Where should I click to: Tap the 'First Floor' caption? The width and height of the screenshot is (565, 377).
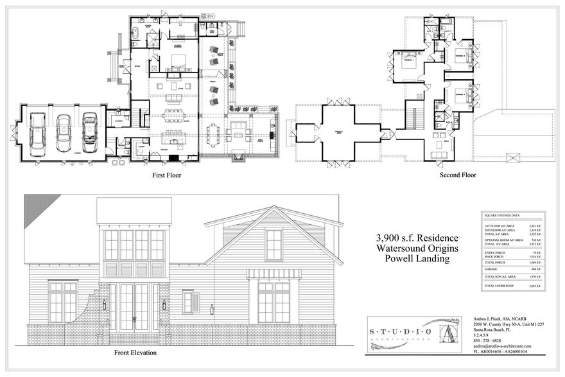pos(166,175)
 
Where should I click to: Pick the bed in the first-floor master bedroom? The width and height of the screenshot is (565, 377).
pos(179,61)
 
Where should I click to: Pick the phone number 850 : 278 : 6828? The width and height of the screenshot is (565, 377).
pos(487,340)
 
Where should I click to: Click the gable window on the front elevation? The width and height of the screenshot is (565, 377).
pos(274,245)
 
